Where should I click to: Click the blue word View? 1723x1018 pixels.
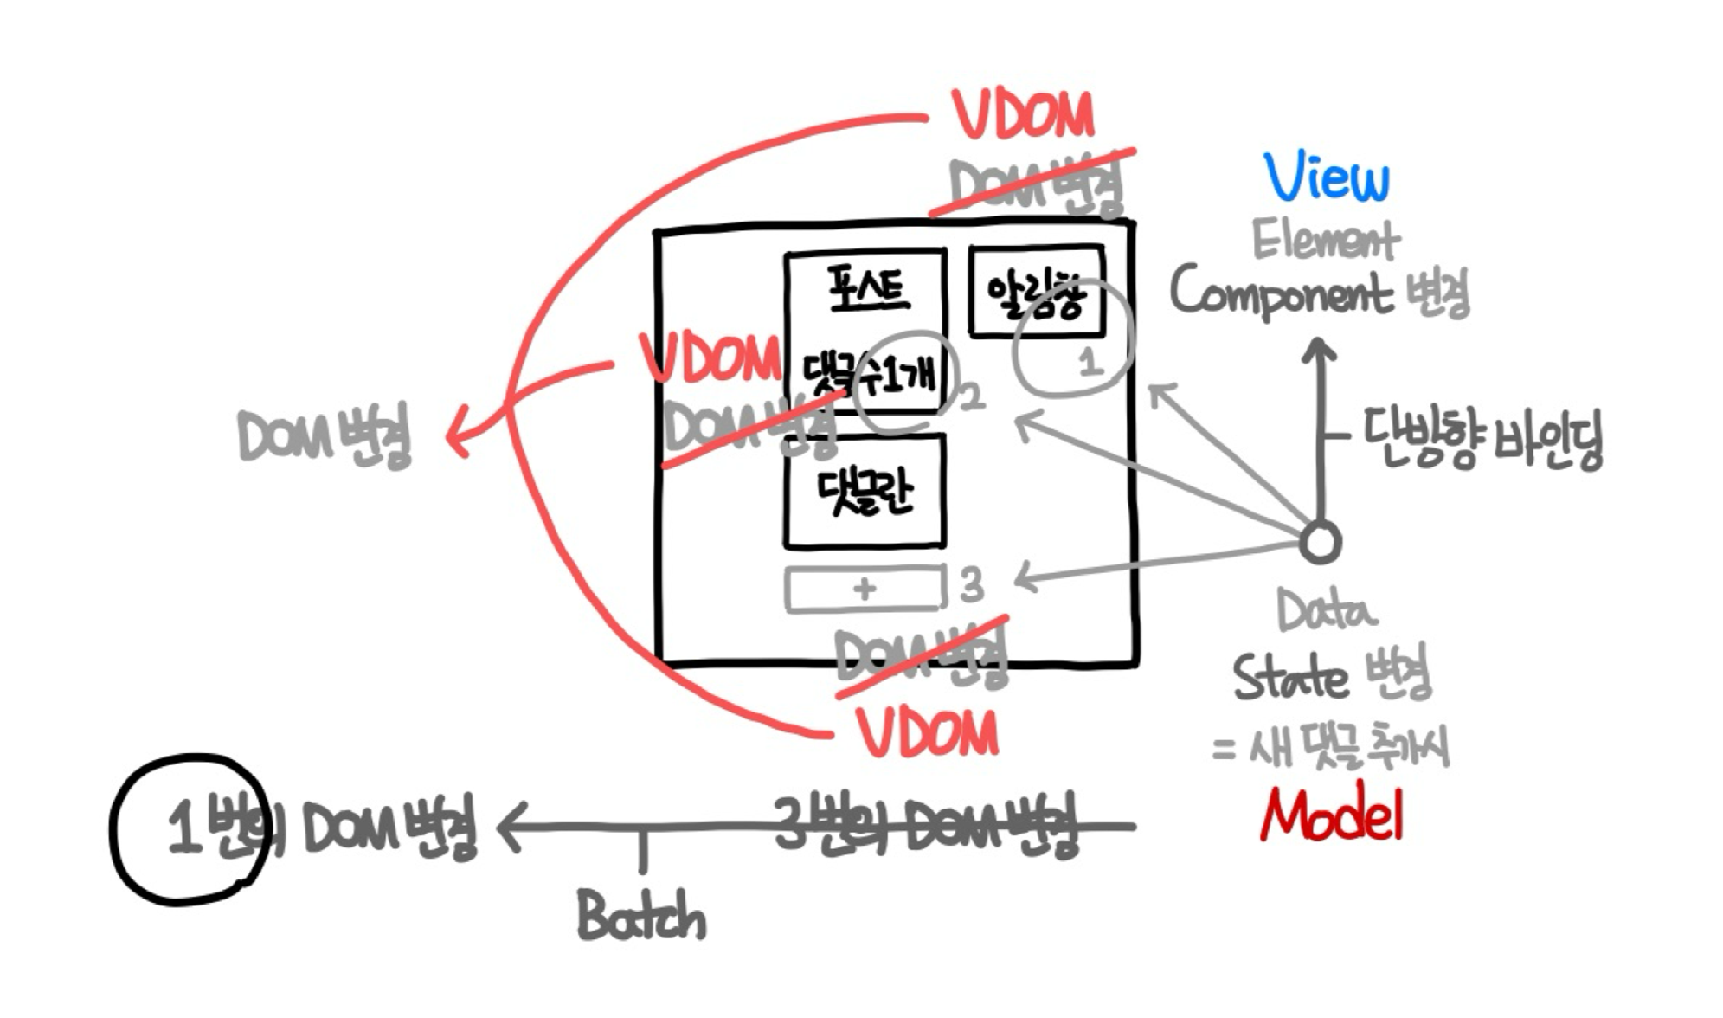click(x=1326, y=178)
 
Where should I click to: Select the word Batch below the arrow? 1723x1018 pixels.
click(x=641, y=916)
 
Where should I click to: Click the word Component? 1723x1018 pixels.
click(x=1281, y=293)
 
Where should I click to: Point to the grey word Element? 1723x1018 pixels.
click(x=1325, y=240)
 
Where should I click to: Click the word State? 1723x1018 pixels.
click(x=1289, y=677)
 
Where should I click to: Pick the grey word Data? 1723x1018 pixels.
click(x=1326, y=611)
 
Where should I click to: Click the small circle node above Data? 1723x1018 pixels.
click(x=1320, y=543)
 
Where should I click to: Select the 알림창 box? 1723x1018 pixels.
click(x=1036, y=293)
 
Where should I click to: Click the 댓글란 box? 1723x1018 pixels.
click(x=864, y=492)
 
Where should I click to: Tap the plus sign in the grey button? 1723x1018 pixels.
click(x=864, y=590)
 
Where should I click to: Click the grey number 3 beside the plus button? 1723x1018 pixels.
click(x=972, y=585)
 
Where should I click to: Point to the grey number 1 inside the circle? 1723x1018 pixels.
click(x=1090, y=360)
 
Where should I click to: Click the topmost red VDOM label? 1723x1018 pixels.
click(x=1023, y=116)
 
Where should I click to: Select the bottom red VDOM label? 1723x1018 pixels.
click(x=928, y=733)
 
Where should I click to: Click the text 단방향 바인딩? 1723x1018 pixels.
click(x=1482, y=438)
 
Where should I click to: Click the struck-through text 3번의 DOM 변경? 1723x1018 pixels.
click(x=926, y=825)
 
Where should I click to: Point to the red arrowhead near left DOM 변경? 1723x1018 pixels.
click(x=456, y=435)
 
